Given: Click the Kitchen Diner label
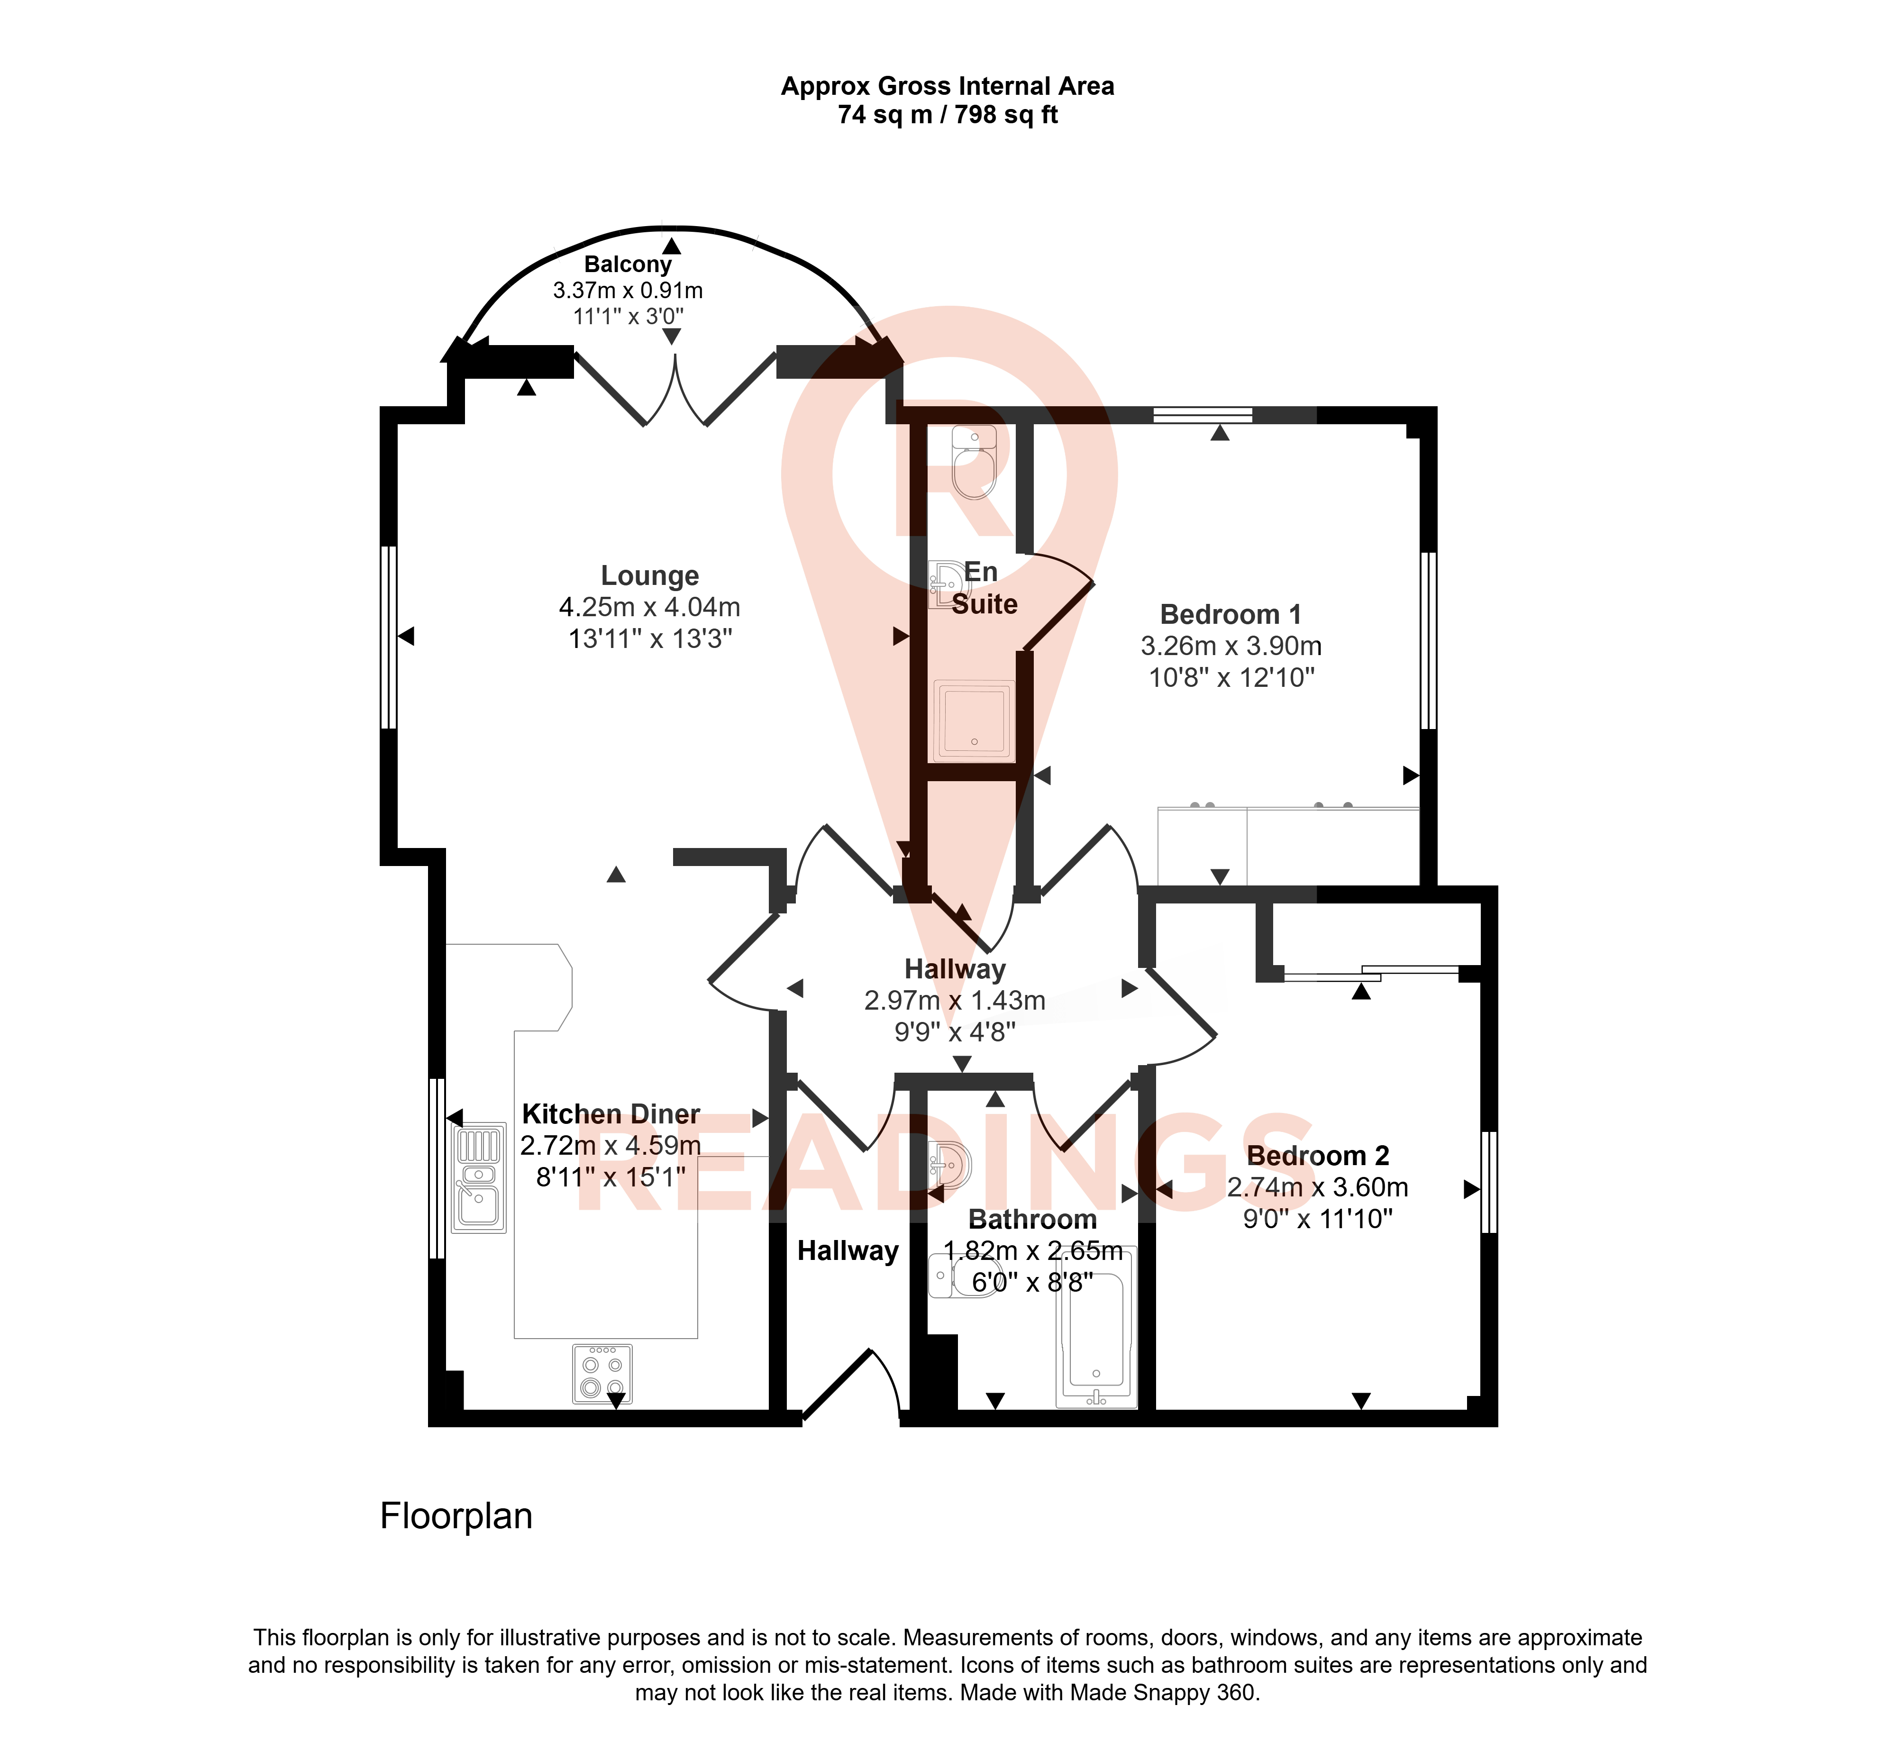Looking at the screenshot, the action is (611, 1114).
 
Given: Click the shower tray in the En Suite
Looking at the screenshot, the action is (974, 720).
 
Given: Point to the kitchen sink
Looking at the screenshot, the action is (479, 1178).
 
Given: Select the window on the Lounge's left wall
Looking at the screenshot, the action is (388, 637).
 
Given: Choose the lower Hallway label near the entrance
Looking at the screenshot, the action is (848, 1251).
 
